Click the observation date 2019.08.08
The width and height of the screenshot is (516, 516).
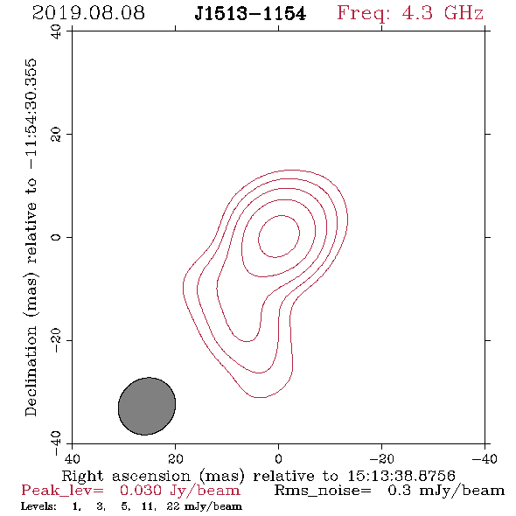tap(88, 13)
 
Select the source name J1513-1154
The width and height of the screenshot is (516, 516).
tap(250, 14)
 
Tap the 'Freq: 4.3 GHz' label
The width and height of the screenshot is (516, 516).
tap(410, 14)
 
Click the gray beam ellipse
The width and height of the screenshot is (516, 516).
tap(147, 406)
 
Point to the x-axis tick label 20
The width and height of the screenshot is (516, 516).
tap(175, 459)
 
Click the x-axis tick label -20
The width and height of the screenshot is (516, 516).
tap(381, 459)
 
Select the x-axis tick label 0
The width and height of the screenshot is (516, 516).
tap(278, 459)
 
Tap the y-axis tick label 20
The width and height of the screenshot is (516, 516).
tap(56, 135)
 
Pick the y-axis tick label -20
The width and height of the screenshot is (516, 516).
tap(56, 340)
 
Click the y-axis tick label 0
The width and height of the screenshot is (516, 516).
tap(56, 237)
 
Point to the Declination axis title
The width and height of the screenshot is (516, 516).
tap(31, 237)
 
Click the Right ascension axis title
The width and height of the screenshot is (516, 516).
tap(259, 476)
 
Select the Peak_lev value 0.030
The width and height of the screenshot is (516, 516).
tap(141, 491)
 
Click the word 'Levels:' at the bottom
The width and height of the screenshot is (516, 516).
tap(38, 506)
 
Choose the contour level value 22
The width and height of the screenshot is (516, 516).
tap(173, 506)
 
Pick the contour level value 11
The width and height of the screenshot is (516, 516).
tap(148, 506)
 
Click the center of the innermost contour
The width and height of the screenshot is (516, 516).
tap(279, 236)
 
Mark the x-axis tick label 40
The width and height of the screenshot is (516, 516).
tap(72, 459)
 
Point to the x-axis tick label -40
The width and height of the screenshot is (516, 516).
tap(485, 459)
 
